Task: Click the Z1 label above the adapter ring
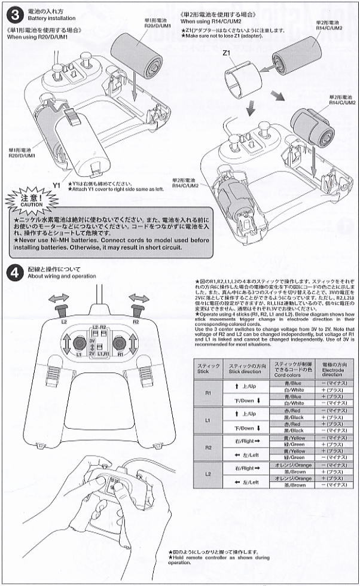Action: (x=226, y=53)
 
